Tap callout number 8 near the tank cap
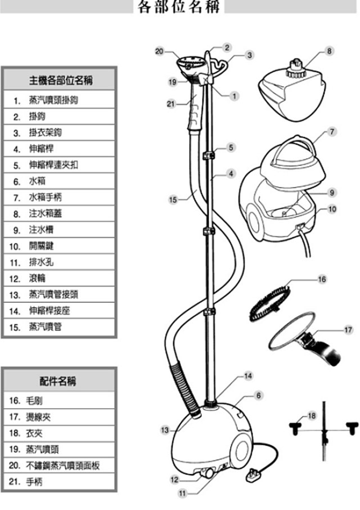click(328, 51)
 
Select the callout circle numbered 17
click(348, 329)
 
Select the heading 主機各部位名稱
click(61, 81)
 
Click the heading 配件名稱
click(60, 381)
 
